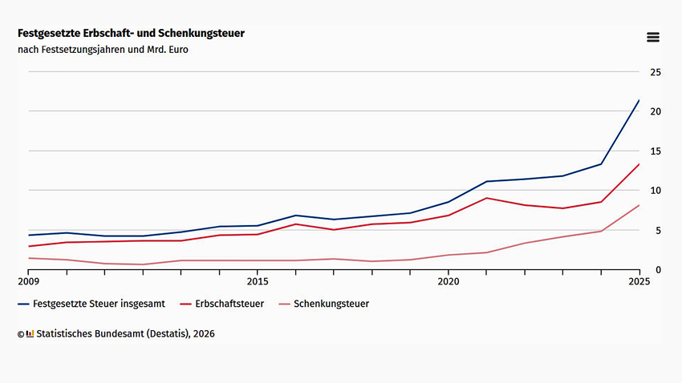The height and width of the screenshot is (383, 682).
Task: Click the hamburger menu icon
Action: (x=653, y=38)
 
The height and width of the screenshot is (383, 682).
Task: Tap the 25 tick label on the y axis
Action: (x=656, y=72)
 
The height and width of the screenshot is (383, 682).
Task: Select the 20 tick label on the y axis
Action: (x=656, y=111)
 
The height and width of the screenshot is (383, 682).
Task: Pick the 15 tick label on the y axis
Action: (x=656, y=151)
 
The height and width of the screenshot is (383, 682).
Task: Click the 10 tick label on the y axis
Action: (x=656, y=190)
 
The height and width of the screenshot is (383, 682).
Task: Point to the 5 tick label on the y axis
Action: (x=658, y=230)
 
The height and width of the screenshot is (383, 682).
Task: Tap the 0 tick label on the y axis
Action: (x=658, y=270)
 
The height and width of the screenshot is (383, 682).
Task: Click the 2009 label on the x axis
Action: (x=28, y=281)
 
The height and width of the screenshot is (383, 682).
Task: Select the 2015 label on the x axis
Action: (x=258, y=281)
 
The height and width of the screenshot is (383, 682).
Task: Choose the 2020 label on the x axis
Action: (x=449, y=281)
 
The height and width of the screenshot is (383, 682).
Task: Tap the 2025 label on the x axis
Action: (x=639, y=281)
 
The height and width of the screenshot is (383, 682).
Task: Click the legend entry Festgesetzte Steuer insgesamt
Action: (x=91, y=304)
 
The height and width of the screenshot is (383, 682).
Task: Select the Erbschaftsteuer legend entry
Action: (x=221, y=304)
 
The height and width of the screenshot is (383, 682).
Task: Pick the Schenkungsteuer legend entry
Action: (x=323, y=304)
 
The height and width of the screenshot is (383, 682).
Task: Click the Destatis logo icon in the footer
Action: (x=30, y=334)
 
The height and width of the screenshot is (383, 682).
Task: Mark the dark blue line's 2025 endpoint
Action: (x=639, y=100)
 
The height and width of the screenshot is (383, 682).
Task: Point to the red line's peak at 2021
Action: (x=487, y=198)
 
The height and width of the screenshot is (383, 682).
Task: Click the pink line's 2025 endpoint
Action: (x=639, y=205)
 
